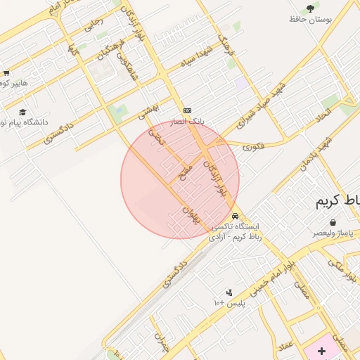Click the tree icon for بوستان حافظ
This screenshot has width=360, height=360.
coord(310,8)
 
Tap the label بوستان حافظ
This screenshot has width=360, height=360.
coord(310,20)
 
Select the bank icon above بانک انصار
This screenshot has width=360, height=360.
coord(188,110)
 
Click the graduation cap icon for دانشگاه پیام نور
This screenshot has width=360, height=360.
coord(22,112)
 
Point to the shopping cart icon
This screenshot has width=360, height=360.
coord(6,72)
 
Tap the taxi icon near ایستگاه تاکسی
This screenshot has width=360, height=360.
coord(235,216)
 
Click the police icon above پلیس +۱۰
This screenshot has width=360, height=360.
coord(229,292)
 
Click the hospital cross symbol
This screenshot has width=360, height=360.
coord(322,350)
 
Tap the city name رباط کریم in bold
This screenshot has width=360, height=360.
coord(337,201)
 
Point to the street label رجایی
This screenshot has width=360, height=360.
coord(92,26)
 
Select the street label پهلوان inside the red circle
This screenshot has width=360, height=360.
coord(191,214)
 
